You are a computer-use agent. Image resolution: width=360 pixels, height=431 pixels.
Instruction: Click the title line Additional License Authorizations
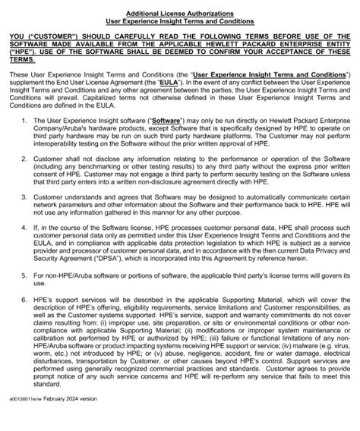tap(180, 5)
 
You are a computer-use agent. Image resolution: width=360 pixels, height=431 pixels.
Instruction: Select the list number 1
tap(24, 121)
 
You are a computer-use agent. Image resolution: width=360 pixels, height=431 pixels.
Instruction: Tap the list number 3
tap(24, 196)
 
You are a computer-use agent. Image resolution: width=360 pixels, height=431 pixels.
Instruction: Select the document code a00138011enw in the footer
tap(28, 417)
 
